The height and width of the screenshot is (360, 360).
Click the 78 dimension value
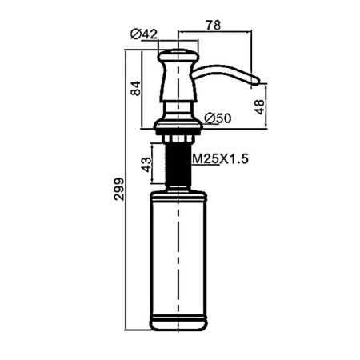(214, 25)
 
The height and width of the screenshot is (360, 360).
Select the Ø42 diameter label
(144, 34)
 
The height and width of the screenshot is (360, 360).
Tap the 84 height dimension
(136, 88)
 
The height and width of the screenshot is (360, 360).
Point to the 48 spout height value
(259, 107)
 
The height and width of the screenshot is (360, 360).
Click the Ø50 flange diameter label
(218, 118)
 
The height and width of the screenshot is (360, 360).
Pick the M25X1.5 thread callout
(220, 159)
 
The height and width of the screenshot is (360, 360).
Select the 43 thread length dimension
(146, 165)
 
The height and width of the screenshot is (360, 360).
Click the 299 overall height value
(119, 189)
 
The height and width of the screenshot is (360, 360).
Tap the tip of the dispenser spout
(258, 79)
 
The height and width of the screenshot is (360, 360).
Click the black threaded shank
(178, 165)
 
